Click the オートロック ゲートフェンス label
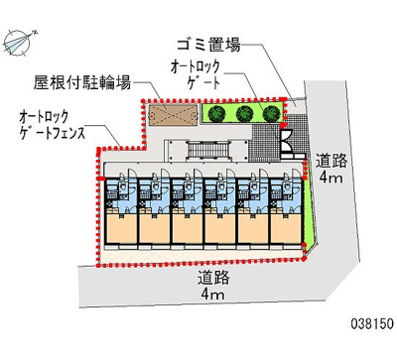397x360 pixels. click(x=54, y=126)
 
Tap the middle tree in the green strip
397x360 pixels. click(x=244, y=114)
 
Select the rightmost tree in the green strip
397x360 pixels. click(x=269, y=114)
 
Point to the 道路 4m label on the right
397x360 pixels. click(x=330, y=170)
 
